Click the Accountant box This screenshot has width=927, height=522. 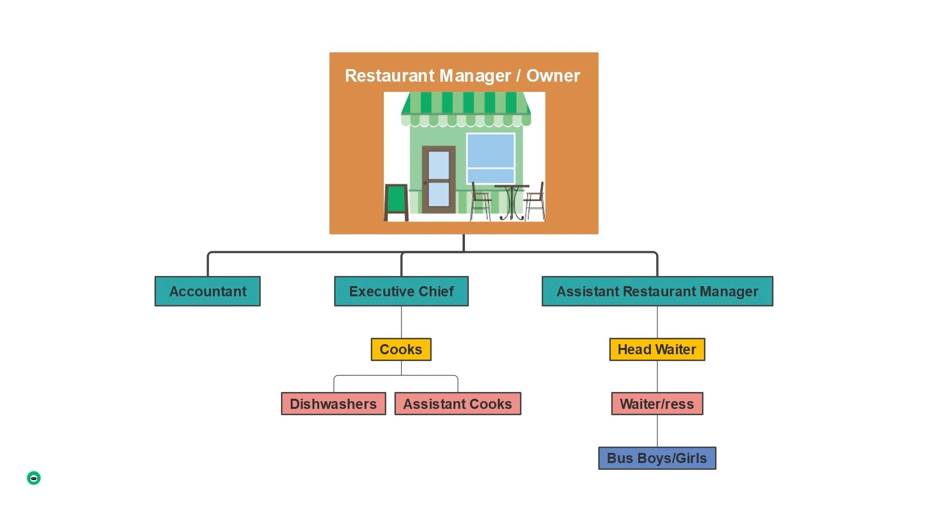click(x=208, y=291)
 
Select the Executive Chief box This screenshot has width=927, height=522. click(x=401, y=291)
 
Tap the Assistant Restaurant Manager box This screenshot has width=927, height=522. click(x=657, y=291)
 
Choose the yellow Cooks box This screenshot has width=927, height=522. click(x=401, y=349)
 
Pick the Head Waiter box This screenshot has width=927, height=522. click(x=657, y=349)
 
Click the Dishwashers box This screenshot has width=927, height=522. click(x=333, y=404)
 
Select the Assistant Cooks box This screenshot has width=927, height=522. click(x=457, y=404)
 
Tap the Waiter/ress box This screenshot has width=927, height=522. click(x=657, y=404)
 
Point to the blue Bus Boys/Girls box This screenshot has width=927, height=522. click(x=657, y=458)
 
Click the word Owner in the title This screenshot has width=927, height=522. click(x=553, y=76)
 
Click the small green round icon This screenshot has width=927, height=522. click(x=34, y=478)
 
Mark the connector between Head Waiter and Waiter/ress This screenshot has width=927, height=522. click(x=657, y=377)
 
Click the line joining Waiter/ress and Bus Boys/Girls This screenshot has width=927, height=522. click(x=657, y=431)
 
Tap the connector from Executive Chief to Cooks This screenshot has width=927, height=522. click(x=401, y=322)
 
